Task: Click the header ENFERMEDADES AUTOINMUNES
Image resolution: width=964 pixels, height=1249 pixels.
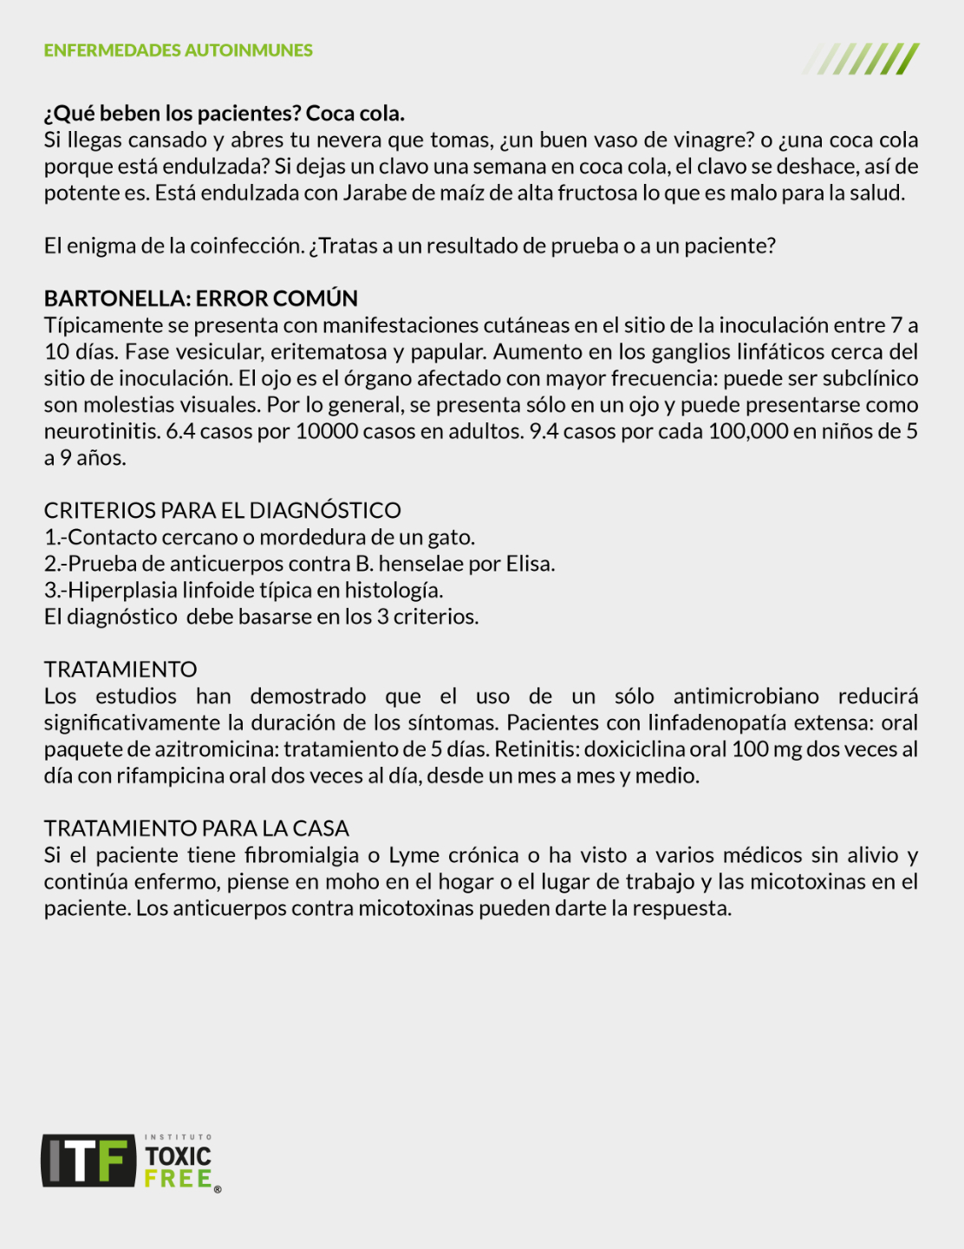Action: pyautogui.click(x=178, y=50)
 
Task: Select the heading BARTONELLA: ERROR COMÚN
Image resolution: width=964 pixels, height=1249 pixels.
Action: pyautogui.click(x=200, y=298)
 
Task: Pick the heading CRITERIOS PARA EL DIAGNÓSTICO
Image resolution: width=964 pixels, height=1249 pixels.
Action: pyautogui.click(x=222, y=510)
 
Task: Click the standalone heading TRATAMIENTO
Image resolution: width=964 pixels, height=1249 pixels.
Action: pyautogui.click(x=120, y=670)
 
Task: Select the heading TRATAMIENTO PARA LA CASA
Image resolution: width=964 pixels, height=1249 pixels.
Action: pyautogui.click(x=197, y=828)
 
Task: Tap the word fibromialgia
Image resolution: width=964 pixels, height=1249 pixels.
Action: pyautogui.click(x=302, y=855)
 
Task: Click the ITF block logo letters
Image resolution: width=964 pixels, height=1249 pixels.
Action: pyautogui.click(x=88, y=1161)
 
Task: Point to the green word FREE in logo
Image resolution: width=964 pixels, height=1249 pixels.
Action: pyautogui.click(x=178, y=1179)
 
